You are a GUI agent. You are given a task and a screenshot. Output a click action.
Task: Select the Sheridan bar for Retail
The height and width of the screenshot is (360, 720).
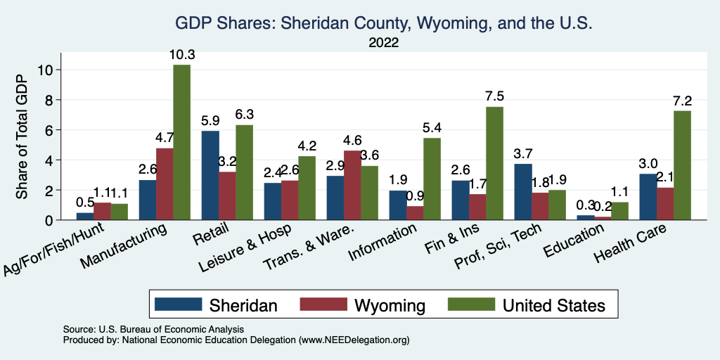tap(210, 175)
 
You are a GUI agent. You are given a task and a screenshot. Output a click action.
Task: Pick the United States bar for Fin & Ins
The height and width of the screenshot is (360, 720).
tap(494, 163)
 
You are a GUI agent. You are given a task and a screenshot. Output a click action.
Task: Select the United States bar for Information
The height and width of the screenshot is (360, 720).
tap(432, 179)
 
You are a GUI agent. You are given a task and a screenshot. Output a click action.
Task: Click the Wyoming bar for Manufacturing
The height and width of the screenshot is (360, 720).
tap(165, 184)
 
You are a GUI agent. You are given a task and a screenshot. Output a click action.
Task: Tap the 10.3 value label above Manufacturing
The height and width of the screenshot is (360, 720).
tap(181, 54)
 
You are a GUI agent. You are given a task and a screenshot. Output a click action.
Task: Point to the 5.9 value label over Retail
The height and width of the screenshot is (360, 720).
tap(210, 120)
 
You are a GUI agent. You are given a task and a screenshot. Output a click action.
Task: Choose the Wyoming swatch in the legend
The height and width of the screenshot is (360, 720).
tap(323, 304)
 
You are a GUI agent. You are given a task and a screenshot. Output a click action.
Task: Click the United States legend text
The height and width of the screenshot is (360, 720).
tap(553, 305)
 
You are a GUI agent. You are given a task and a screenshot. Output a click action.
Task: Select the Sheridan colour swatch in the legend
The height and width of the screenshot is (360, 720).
tap(178, 304)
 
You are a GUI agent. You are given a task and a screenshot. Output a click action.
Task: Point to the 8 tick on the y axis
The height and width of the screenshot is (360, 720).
tap(49, 100)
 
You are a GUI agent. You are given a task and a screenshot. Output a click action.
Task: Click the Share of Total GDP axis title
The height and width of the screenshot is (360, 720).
tap(22, 136)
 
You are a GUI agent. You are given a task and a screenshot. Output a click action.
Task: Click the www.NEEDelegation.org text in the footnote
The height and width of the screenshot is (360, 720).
tap(354, 340)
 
